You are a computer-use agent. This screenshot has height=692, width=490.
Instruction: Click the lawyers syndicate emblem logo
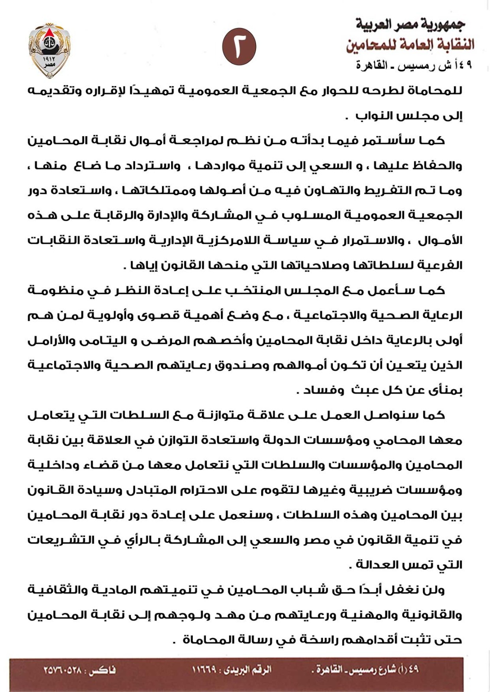pyautogui.click(x=49, y=50)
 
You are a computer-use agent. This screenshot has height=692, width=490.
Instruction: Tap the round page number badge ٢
pyautogui.click(x=239, y=47)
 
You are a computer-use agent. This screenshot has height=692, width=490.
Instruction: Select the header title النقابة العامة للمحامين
pyautogui.click(x=410, y=44)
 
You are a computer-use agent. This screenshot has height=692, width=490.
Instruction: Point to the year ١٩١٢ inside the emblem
pyautogui.click(x=49, y=58)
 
